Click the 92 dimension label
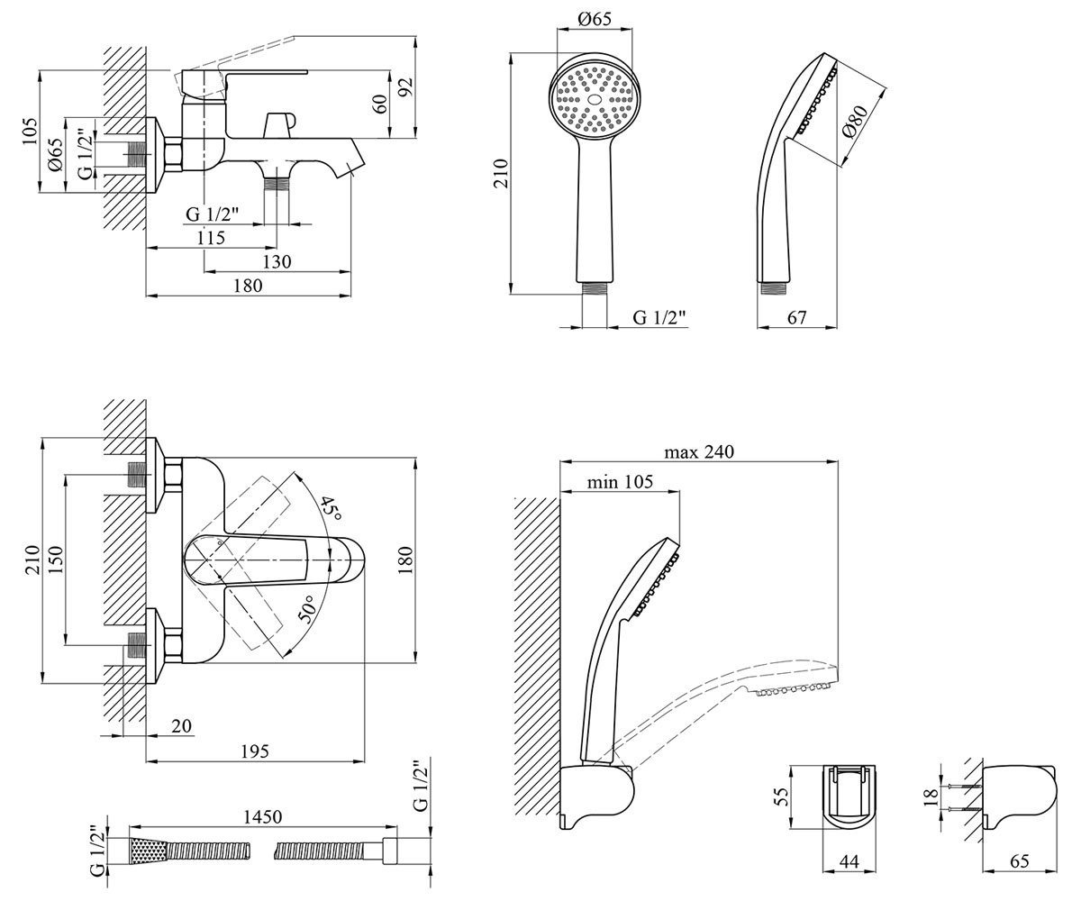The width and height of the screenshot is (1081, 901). click(407, 86)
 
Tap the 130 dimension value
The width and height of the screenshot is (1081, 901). click(277, 261)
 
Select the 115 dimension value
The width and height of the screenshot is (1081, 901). click(211, 238)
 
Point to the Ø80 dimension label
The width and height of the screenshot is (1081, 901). click(854, 123)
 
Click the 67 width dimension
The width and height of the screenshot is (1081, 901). click(796, 317)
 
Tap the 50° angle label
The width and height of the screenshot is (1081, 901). click(307, 608)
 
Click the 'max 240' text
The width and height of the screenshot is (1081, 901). click(699, 452)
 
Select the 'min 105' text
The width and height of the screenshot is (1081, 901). click(620, 482)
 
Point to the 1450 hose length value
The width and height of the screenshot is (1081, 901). click(263, 817)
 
